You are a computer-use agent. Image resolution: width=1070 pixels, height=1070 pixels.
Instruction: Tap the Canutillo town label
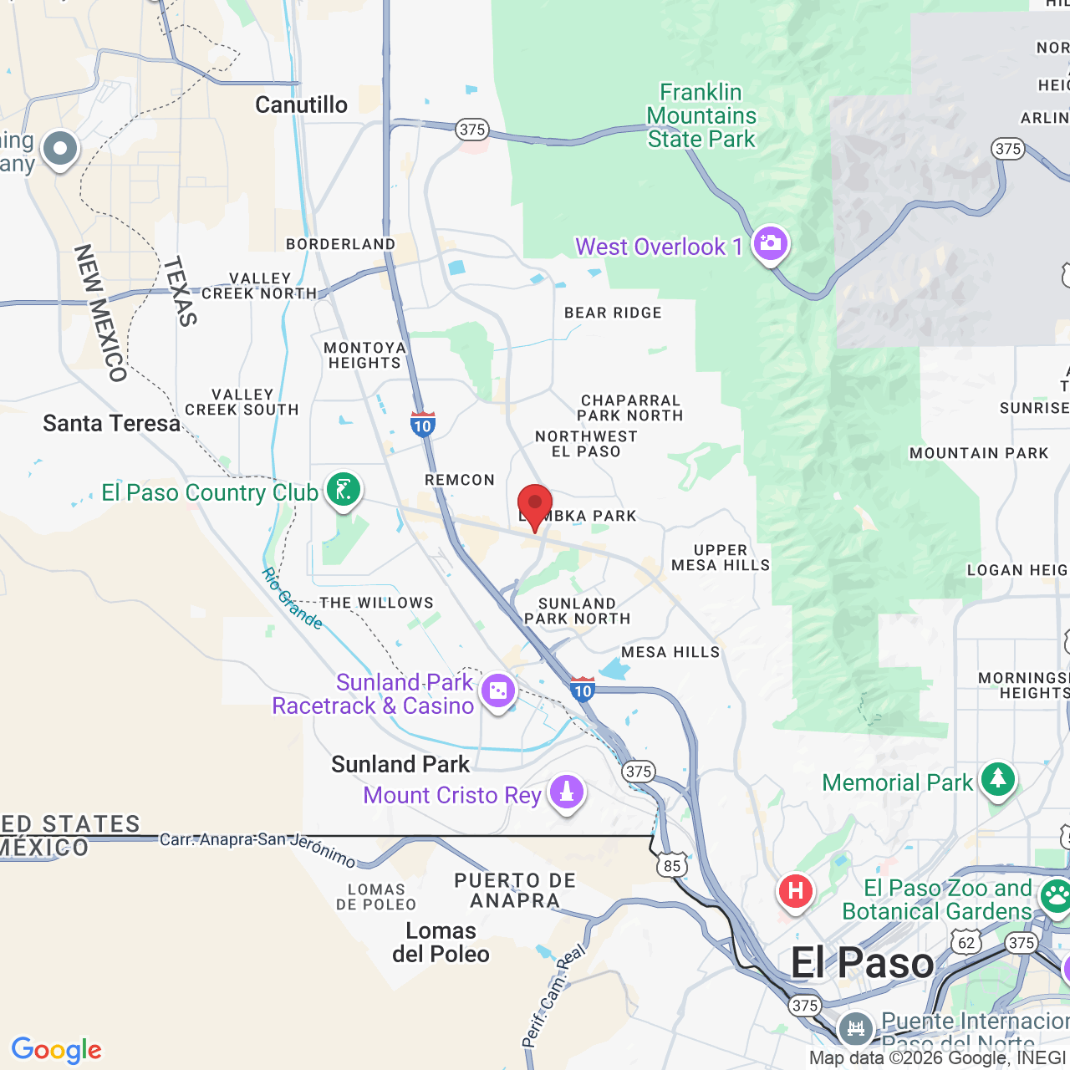pos(301,105)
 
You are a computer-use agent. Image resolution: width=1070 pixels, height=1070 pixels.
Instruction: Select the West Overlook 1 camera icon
pos(770,244)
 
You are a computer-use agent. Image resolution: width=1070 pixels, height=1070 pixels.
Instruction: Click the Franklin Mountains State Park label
pos(701,115)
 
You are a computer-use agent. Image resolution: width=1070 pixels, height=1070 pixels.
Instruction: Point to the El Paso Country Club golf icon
pos(344,491)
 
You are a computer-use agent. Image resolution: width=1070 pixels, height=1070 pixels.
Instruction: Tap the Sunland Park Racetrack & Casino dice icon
pos(498,691)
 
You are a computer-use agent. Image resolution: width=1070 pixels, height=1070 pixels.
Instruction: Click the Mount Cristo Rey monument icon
pos(567,792)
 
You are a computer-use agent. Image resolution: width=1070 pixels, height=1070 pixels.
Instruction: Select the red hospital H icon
pos(795,891)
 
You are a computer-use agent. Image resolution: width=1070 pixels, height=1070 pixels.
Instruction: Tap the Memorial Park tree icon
pos(997,780)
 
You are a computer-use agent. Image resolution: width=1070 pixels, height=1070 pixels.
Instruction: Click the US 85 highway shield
pos(673,866)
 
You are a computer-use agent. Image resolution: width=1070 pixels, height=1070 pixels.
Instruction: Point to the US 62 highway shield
pos(966,943)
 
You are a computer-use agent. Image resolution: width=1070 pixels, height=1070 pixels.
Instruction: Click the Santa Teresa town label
pos(111,424)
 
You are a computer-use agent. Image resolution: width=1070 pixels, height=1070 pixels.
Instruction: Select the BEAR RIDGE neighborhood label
pos(613,313)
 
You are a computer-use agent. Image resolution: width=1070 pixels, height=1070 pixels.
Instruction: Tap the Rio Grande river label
pos(292,599)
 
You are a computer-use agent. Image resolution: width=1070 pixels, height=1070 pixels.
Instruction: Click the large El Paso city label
pos(862,963)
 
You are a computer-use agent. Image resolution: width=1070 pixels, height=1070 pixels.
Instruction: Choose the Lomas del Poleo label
pos(441,942)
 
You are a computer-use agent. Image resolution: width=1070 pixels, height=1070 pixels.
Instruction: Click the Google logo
pos(56,1050)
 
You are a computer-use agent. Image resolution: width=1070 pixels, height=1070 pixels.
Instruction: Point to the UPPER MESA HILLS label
pos(721,558)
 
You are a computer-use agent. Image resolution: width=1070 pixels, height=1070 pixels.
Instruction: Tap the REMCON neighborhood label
pos(460,480)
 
